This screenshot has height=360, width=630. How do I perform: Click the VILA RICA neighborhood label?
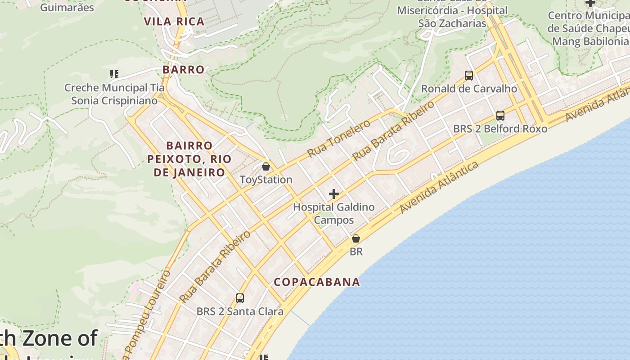[174, 21]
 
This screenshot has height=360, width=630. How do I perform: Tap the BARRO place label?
[184, 69]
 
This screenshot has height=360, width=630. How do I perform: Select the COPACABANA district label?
[317, 282]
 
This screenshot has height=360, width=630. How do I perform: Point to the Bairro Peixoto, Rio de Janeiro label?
[189, 159]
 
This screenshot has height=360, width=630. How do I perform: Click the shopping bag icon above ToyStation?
[266, 167]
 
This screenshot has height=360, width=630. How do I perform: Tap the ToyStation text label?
[266, 180]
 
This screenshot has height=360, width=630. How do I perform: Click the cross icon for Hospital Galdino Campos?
[334, 194]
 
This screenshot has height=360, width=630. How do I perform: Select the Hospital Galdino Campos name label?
[334, 214]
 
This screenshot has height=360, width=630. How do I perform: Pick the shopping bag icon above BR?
[356, 238]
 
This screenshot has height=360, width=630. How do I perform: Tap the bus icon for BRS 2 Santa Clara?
[240, 298]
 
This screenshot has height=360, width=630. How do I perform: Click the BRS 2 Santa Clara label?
[240, 311]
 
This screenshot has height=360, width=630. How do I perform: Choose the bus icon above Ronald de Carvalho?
[469, 76]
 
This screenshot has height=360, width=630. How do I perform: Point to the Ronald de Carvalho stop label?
[469, 89]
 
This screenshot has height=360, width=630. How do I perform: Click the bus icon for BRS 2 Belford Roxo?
[500, 116]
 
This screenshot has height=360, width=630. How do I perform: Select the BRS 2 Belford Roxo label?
[500, 129]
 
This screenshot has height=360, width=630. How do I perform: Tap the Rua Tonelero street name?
[339, 138]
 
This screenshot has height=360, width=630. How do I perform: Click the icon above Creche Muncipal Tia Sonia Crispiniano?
[114, 74]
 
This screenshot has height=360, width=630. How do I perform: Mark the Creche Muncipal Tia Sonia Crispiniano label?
[114, 94]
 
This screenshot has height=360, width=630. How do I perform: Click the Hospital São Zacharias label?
[452, 17]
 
